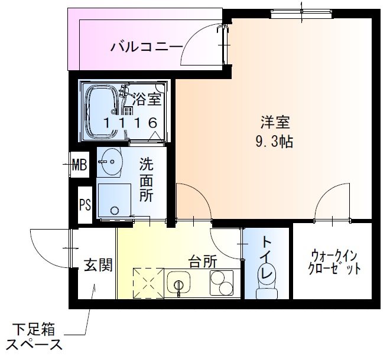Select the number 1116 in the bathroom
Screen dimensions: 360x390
pos(131,123)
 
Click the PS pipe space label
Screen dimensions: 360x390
pos(84,205)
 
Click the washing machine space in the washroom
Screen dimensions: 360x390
pos(113,200)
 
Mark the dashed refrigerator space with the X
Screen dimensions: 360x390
pos(146,283)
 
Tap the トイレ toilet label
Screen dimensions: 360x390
pos(266,257)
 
